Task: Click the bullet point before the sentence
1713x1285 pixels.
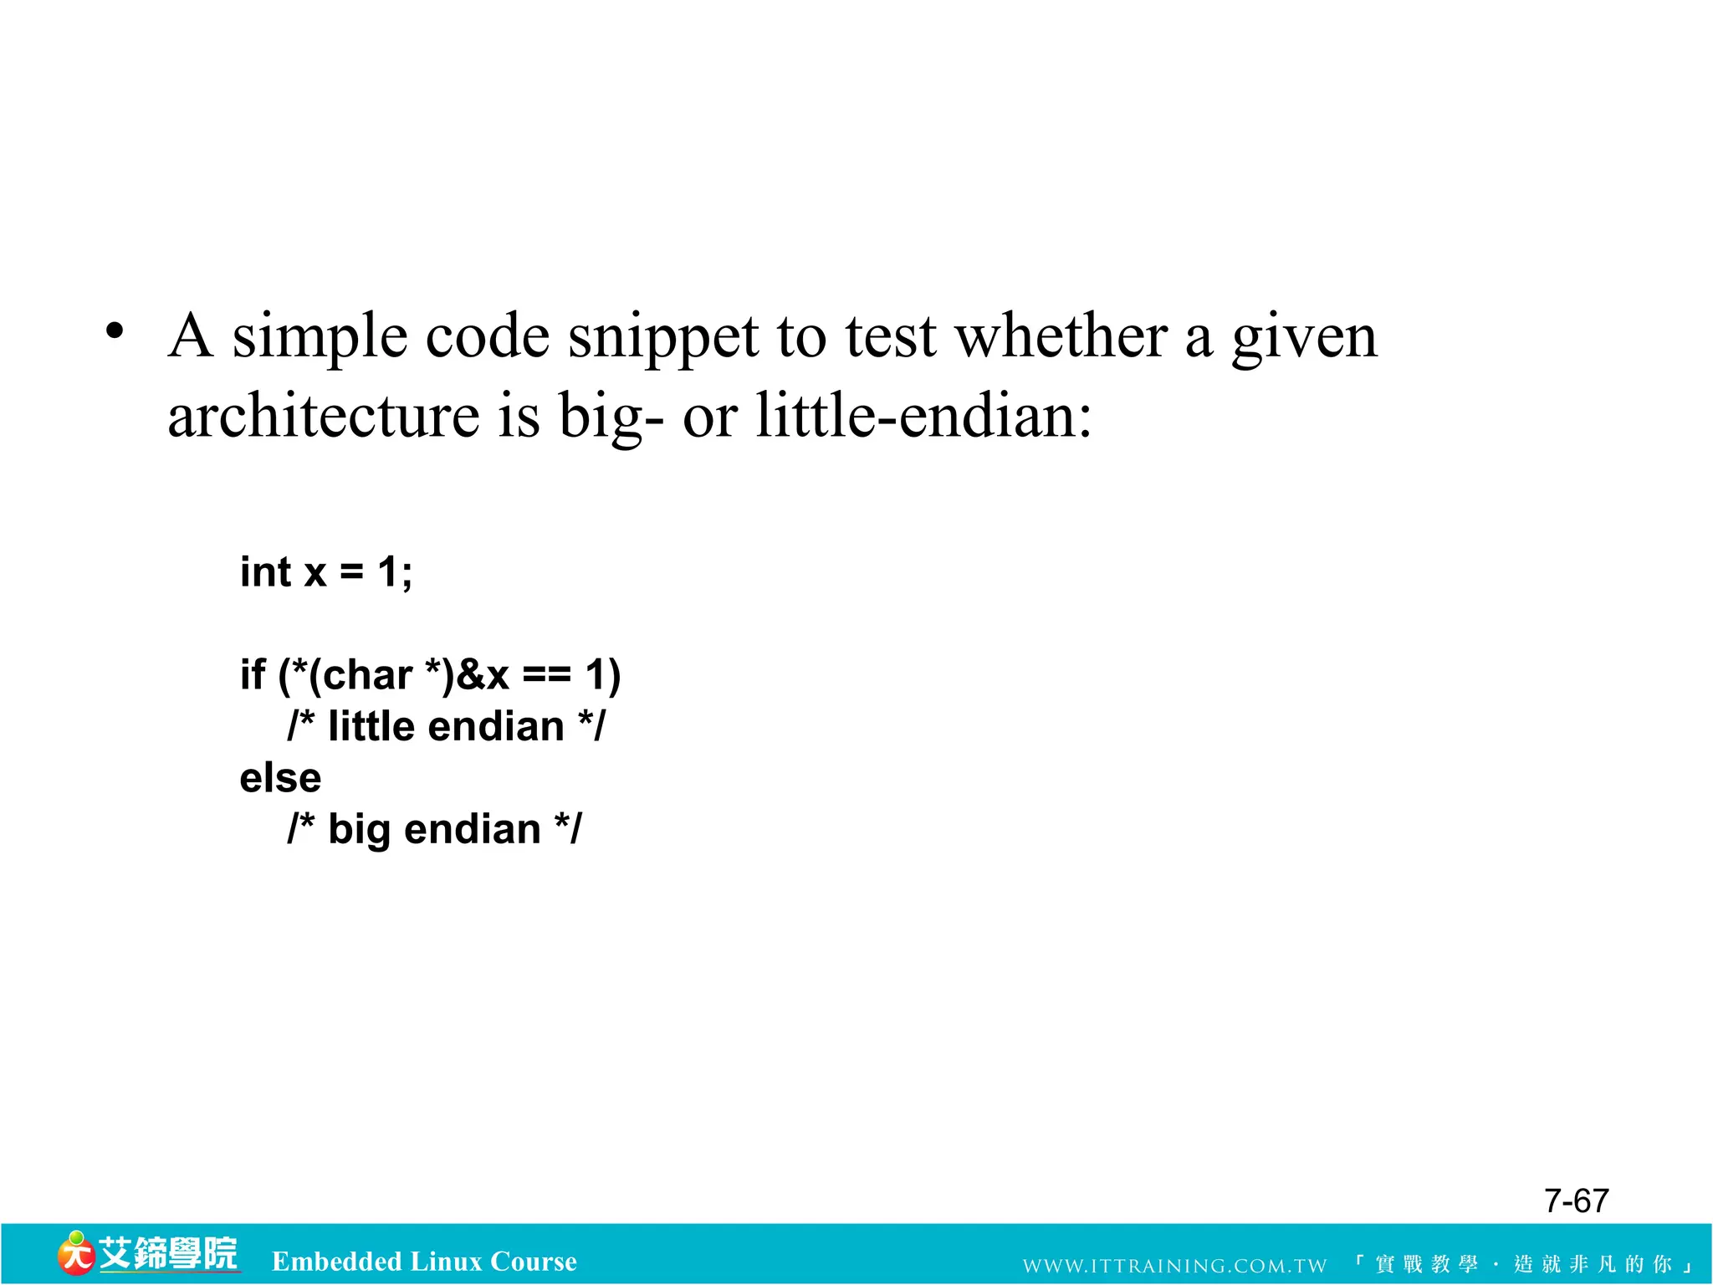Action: point(115,331)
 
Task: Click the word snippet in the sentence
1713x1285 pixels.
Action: point(663,337)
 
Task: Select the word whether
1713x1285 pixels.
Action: point(1061,337)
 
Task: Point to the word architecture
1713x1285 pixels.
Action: point(324,416)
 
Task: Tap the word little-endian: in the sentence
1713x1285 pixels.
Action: point(923,416)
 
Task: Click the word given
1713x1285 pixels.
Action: point(1304,337)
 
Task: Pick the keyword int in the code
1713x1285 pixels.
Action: point(265,573)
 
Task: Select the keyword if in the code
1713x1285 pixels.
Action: point(252,674)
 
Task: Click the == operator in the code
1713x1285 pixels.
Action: point(547,676)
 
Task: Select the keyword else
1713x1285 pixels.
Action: point(280,778)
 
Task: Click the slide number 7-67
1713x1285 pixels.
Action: point(1576,1201)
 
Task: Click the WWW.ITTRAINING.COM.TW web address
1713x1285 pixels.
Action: point(1174,1266)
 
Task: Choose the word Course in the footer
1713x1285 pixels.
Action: point(534,1262)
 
